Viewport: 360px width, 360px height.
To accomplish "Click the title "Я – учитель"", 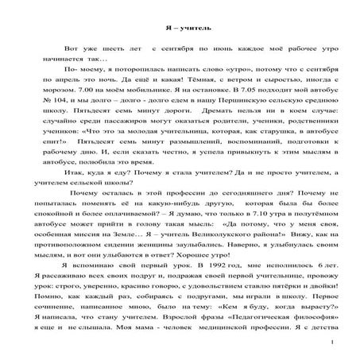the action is point(180,25).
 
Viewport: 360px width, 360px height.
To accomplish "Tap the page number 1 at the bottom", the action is point(330,343).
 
